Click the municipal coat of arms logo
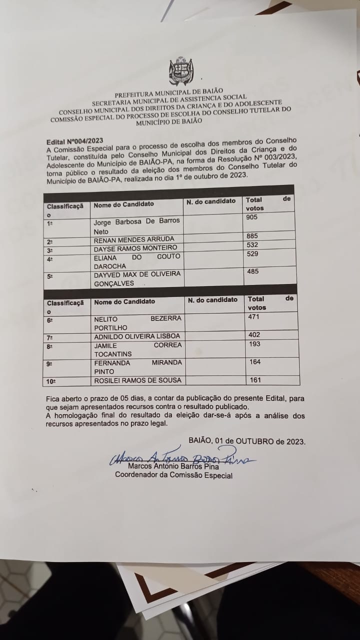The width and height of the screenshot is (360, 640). click(x=180, y=71)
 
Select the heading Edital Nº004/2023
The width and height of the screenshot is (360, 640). click(x=75, y=142)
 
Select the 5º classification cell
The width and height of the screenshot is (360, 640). click(x=50, y=276)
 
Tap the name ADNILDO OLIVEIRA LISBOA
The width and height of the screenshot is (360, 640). click(x=136, y=336)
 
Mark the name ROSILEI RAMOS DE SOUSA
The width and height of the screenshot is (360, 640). click(x=137, y=380)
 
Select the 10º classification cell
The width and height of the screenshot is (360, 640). click(x=51, y=381)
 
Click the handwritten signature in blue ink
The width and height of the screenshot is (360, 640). click(x=180, y=457)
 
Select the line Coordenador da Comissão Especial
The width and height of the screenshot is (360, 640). click(x=173, y=475)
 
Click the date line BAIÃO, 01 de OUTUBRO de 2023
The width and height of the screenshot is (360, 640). click(x=247, y=441)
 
